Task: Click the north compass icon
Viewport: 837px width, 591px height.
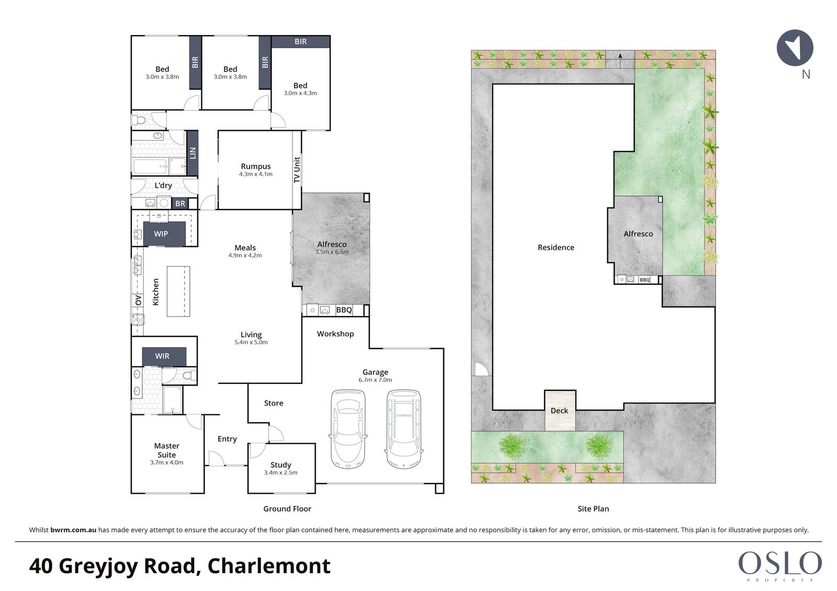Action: pyautogui.click(x=795, y=48)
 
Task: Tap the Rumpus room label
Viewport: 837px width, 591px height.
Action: pyautogui.click(x=256, y=166)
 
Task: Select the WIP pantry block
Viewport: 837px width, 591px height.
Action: pyautogui.click(x=164, y=234)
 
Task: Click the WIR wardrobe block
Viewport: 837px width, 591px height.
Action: pyautogui.click(x=164, y=356)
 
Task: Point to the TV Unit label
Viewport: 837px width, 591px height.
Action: pyautogui.click(x=297, y=170)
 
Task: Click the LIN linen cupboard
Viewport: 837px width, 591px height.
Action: pyautogui.click(x=193, y=153)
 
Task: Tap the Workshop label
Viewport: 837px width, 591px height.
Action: pyautogui.click(x=335, y=334)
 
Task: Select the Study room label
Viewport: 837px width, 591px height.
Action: pyautogui.click(x=280, y=465)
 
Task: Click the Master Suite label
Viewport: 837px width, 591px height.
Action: pyautogui.click(x=167, y=450)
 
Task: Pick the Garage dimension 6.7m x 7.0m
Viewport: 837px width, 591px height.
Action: pyautogui.click(x=375, y=380)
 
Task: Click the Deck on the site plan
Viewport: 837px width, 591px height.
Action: pyautogui.click(x=560, y=410)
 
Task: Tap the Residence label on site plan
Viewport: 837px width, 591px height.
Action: pyautogui.click(x=556, y=247)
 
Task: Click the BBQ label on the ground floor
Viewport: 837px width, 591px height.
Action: pyautogui.click(x=344, y=310)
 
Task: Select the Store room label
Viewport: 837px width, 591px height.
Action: pyautogui.click(x=274, y=403)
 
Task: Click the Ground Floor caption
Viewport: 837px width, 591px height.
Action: pyautogui.click(x=287, y=508)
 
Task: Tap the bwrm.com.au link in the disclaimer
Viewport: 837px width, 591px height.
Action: pyautogui.click(x=73, y=530)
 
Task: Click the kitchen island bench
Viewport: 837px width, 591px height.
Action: pyautogui.click(x=178, y=291)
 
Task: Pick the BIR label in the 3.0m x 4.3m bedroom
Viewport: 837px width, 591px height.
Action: pyautogui.click(x=300, y=41)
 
